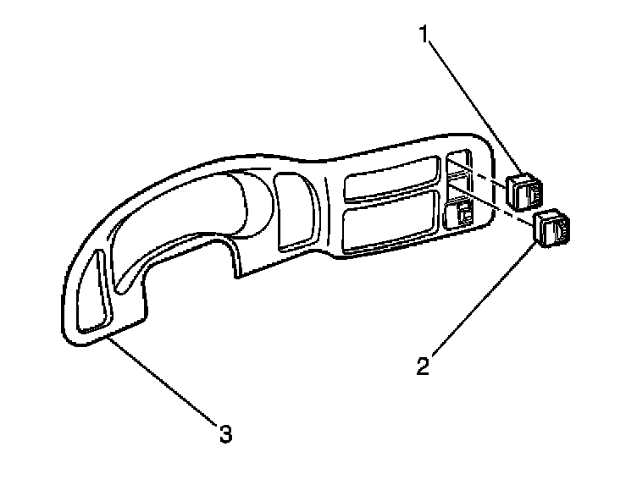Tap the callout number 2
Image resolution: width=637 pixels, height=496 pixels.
[424, 365]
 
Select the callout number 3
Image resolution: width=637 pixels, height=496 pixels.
[224, 435]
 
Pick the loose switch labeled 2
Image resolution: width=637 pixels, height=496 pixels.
[552, 228]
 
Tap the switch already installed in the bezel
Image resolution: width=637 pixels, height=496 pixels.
[459, 213]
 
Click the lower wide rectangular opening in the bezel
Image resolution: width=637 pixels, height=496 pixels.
[390, 222]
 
